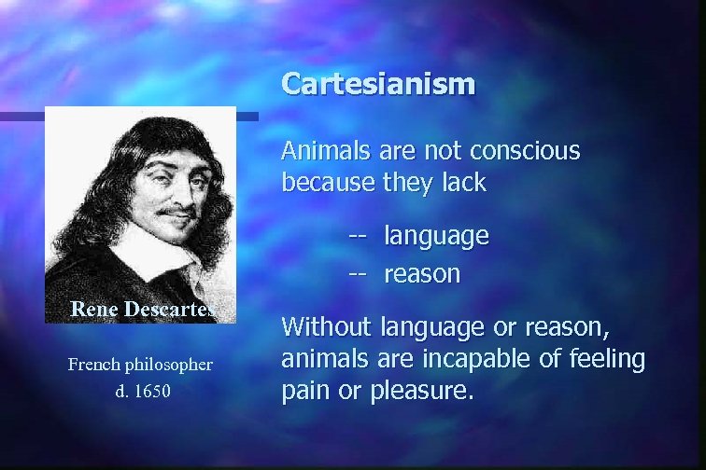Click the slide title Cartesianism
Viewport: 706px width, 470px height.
click(378, 84)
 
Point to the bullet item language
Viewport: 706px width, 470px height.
click(436, 236)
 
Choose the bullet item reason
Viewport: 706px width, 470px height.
click(422, 274)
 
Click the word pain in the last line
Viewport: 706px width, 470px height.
click(303, 390)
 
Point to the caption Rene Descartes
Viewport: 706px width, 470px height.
click(143, 309)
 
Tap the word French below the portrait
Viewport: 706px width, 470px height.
click(92, 364)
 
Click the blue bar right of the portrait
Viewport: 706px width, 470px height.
click(247, 117)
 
